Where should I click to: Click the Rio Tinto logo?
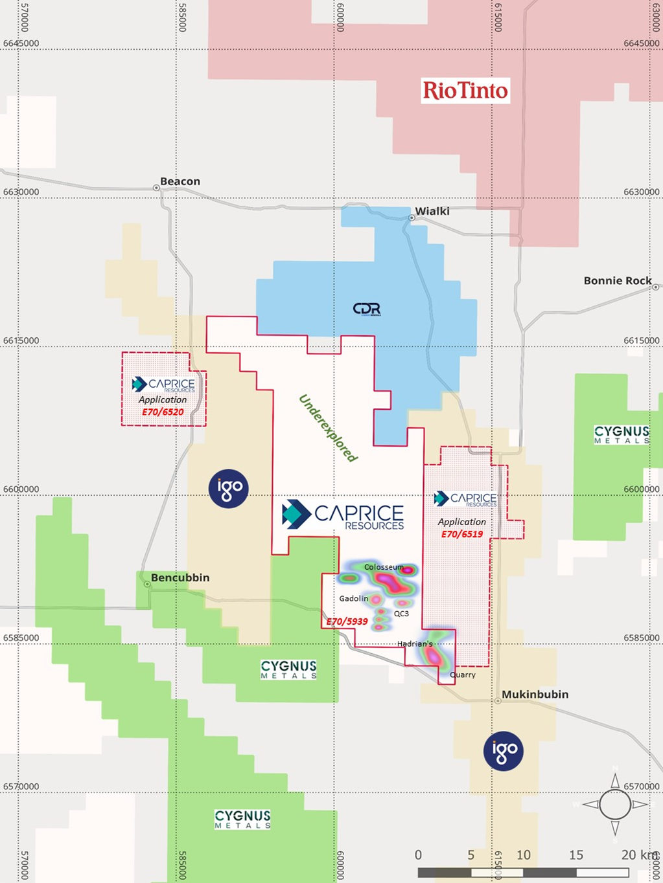[465, 91]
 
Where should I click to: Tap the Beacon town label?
[180, 181]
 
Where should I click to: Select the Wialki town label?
[432, 211]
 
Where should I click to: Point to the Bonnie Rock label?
[618, 280]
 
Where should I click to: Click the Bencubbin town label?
[180, 577]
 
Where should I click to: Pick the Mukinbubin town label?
[535, 694]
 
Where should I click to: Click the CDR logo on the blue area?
[367, 309]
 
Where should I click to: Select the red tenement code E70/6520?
[163, 412]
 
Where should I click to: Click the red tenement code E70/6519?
[462, 534]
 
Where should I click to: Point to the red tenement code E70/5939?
[347, 621]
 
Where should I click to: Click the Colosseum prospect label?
[384, 567]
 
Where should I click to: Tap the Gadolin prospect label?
[354, 599]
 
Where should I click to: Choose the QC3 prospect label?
[402, 613]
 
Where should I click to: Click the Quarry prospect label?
[463, 675]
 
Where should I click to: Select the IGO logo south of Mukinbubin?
[504, 751]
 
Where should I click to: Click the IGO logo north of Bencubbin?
[229, 488]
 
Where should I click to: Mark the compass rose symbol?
[615, 805]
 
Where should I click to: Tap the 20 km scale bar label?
[639, 855]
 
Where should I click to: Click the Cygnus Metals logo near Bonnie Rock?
[622, 434]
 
